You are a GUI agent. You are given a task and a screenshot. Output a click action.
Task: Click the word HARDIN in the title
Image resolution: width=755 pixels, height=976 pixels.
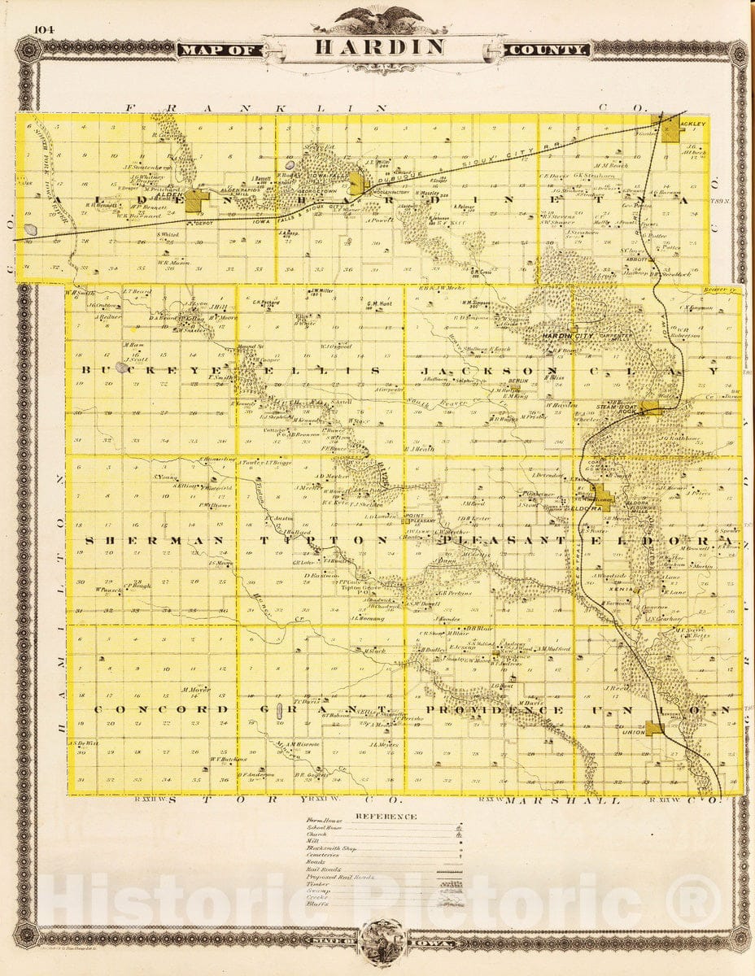pyautogui.click(x=380, y=47)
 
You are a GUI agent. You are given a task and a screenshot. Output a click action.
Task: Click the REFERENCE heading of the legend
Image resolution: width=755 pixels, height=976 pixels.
pyautogui.click(x=386, y=817)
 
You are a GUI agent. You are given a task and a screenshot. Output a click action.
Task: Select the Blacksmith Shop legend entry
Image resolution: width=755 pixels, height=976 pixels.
pyautogui.click(x=329, y=847)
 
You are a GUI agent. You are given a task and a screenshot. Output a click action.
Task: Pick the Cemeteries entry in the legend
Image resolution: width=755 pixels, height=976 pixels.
pyautogui.click(x=324, y=855)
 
